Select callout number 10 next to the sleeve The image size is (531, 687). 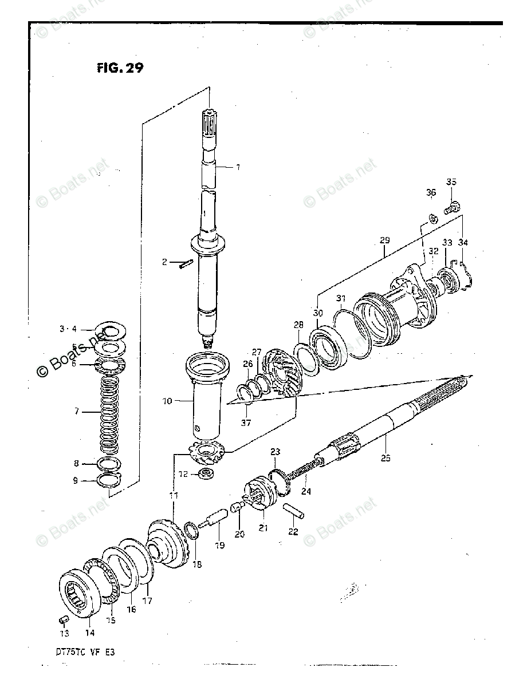pos(167,401)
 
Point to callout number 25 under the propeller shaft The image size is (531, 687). pos(386,457)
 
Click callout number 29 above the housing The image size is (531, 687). pos(384,241)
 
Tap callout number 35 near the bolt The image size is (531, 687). pos(451,183)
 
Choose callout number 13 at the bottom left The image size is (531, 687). pos(65,633)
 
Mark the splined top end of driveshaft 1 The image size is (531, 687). pos(209,122)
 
